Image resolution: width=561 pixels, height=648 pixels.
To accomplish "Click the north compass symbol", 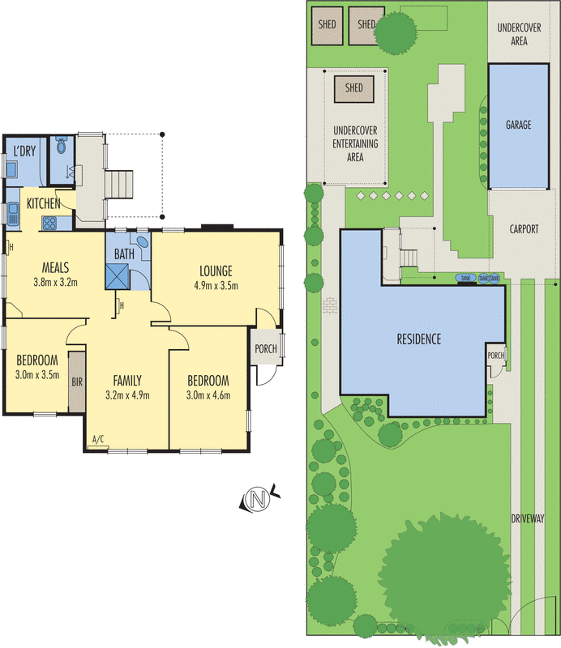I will pyautogui.click(x=259, y=501).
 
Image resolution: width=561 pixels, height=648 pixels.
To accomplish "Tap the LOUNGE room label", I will pyautogui.click(x=213, y=271).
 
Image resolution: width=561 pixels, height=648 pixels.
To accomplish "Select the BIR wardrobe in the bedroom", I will pyautogui.click(x=77, y=381).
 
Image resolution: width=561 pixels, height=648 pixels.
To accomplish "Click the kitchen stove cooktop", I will pyautogui.click(x=49, y=223).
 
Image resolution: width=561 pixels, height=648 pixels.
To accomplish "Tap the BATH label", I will pyautogui.click(x=124, y=254).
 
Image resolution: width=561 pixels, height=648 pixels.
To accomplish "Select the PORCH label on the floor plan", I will pyautogui.click(x=265, y=349).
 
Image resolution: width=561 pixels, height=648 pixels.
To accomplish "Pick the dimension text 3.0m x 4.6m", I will pyautogui.click(x=208, y=395).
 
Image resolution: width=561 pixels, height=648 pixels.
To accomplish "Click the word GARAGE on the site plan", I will pyautogui.click(x=518, y=125).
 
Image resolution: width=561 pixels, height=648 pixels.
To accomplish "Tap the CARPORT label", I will pyautogui.click(x=524, y=229).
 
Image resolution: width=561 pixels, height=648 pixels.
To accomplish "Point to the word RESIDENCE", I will pyautogui.click(x=418, y=339).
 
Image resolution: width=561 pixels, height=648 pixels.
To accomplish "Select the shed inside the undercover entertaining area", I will pyautogui.click(x=353, y=87).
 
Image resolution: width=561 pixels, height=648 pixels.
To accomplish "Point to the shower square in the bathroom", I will pyautogui.click(x=118, y=276).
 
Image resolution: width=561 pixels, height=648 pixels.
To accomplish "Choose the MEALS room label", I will pyautogui.click(x=54, y=268).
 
